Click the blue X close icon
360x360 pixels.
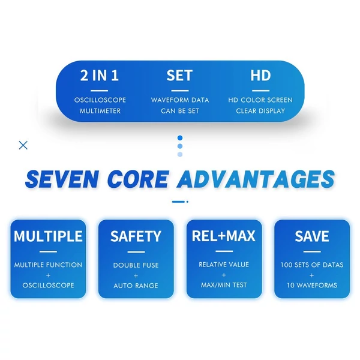(23, 145)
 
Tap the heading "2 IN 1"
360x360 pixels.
(100, 76)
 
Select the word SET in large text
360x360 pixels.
(179, 76)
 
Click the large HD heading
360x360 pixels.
(260, 76)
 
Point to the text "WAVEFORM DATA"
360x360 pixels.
(180, 100)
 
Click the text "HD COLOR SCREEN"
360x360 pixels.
(260, 100)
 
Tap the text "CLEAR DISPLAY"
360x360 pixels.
(260, 111)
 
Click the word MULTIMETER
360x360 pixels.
(100, 111)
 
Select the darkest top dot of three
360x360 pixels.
(180, 138)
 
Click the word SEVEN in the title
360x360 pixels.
(62, 179)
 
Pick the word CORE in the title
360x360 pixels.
(138, 179)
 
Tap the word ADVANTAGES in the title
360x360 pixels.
(256, 179)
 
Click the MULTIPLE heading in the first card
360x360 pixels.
(48, 236)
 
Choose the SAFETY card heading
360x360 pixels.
(136, 236)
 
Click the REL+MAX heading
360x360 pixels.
(224, 236)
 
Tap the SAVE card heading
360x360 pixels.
(312, 236)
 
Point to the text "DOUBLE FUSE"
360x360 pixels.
(136, 265)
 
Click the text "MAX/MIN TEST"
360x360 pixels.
(224, 285)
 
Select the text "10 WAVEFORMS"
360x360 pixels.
(312, 286)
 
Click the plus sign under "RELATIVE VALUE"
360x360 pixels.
(224, 275)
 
